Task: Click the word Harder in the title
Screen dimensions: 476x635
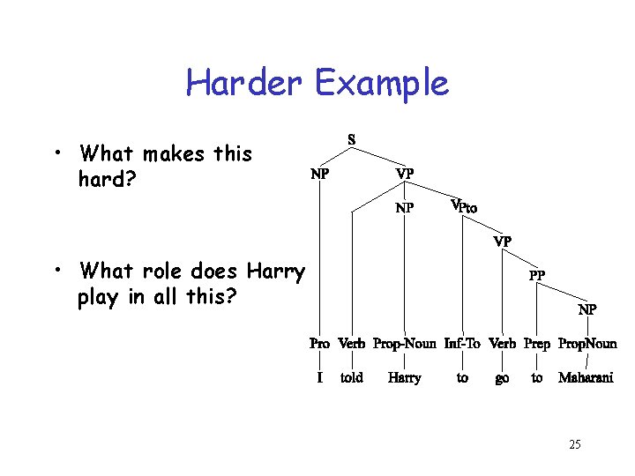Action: point(243,84)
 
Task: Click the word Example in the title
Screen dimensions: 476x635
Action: point(381,84)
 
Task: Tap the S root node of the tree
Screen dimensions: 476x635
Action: point(352,139)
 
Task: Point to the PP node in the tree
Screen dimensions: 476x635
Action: point(536,275)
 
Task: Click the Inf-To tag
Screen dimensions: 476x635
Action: point(462,344)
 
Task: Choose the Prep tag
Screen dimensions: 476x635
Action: point(537,344)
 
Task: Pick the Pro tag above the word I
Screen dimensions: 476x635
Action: point(319,344)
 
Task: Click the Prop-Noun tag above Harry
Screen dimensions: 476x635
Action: point(405,344)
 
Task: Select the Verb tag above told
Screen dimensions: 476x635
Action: point(351,344)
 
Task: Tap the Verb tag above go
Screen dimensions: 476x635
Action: point(502,344)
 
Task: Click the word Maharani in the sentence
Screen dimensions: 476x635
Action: point(586,378)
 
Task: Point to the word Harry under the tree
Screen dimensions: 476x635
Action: point(405,378)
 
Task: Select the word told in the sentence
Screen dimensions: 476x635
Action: point(351,378)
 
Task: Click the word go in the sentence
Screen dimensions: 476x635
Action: point(502,379)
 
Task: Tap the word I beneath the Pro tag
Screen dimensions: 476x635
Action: point(319,378)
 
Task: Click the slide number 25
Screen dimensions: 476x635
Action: point(574,445)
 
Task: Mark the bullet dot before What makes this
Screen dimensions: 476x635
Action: point(56,155)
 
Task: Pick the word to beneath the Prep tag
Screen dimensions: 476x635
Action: point(537,378)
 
